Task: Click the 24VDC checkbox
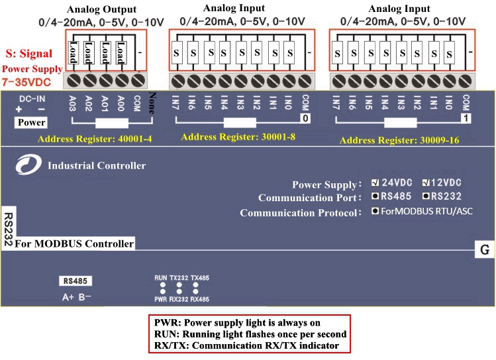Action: (x=375, y=183)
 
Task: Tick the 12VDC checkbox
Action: (x=426, y=183)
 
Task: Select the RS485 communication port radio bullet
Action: (x=375, y=197)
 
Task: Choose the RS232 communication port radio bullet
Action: (x=426, y=197)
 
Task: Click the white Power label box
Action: (x=31, y=122)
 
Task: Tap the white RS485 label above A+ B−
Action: (x=75, y=281)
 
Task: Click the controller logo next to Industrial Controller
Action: (x=28, y=165)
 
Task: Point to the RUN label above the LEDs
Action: (x=160, y=278)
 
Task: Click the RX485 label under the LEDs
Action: (x=200, y=300)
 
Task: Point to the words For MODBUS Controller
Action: (x=74, y=244)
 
